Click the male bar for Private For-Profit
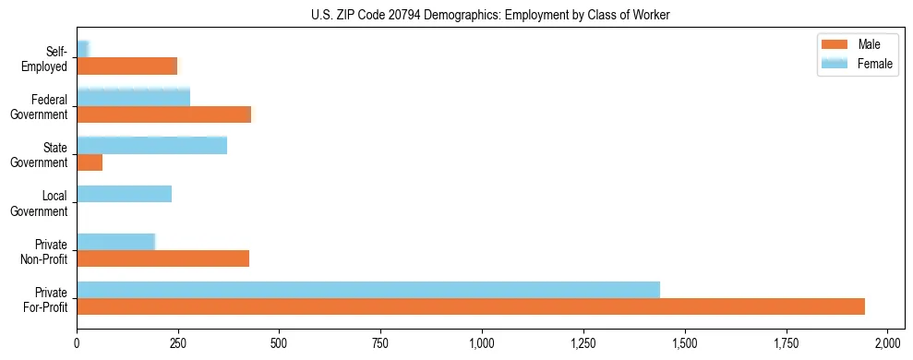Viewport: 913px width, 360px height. [x=471, y=306]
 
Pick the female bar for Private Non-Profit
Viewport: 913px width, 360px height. [x=115, y=242]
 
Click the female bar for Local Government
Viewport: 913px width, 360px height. [x=124, y=194]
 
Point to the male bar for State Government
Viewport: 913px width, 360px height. [x=90, y=162]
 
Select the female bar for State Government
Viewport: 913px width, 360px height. [x=151, y=146]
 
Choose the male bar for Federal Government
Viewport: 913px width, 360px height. [x=163, y=114]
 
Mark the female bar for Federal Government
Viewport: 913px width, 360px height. [x=133, y=98]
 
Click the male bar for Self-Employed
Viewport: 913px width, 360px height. [x=126, y=66]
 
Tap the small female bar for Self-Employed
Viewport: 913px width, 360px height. [x=82, y=49]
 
